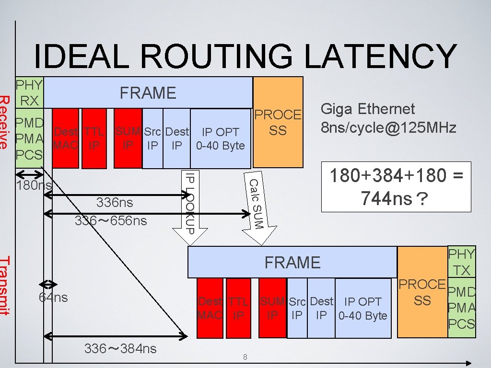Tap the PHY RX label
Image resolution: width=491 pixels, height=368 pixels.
29,92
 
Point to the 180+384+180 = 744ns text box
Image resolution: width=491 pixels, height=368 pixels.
396,186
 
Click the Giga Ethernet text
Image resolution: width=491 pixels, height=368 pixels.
367,110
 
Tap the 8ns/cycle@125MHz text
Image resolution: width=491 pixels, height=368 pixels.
388,128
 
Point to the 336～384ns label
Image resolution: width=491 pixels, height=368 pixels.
120,349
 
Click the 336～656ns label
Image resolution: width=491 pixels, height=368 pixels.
111,221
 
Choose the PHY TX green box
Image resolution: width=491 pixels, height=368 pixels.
461,263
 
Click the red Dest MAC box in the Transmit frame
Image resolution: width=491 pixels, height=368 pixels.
210,308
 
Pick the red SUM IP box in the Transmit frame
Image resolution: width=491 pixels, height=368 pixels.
273,308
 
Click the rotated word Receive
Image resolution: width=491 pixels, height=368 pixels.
5,122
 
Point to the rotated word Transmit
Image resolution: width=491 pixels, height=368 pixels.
5,286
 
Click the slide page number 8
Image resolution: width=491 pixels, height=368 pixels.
245,356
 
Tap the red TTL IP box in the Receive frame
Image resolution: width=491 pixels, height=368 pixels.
94,138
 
